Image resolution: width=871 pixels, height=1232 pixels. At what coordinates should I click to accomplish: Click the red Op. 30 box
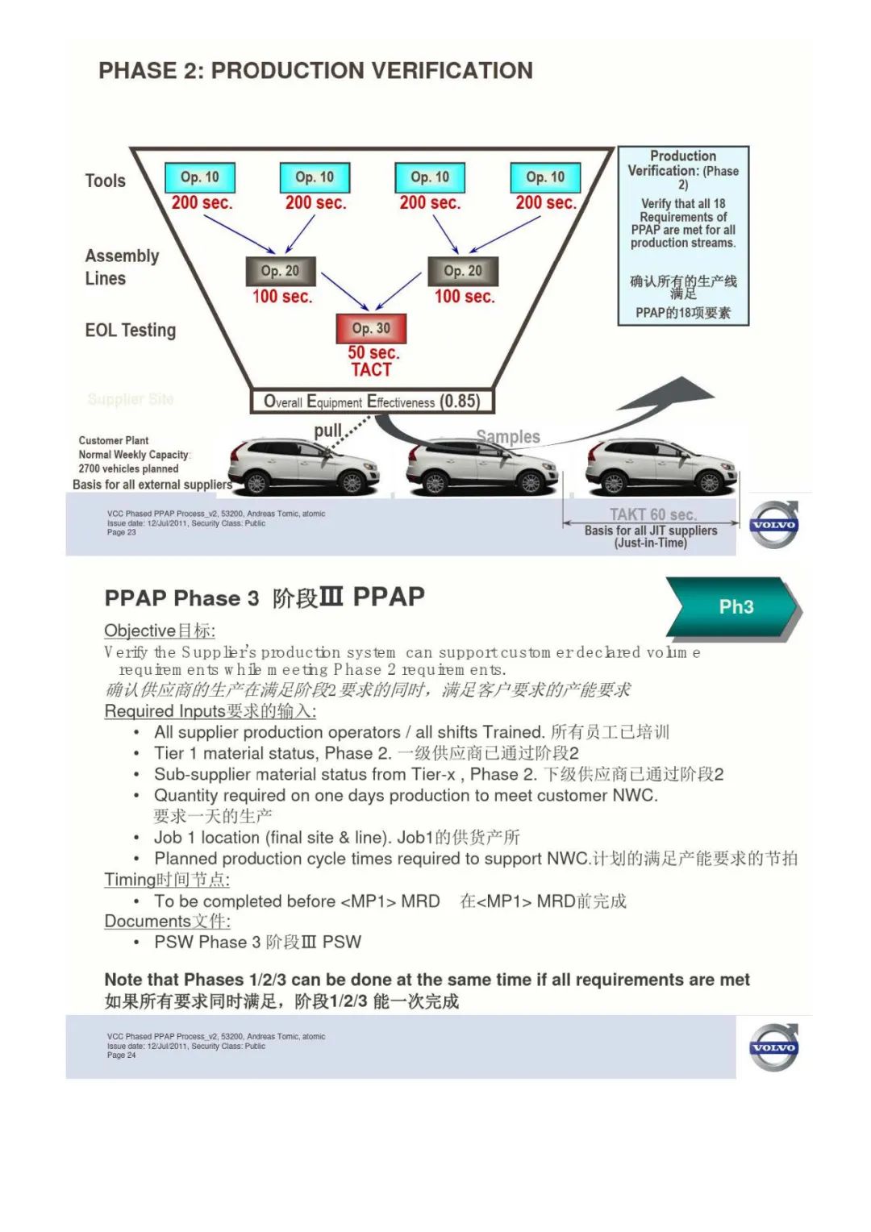pos(371,328)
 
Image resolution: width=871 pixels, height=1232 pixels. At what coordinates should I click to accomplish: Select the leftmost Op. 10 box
pos(200,177)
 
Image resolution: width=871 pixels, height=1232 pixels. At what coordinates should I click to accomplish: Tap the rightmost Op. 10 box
pos(545,177)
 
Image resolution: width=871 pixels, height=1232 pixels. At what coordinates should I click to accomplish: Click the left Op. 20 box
pos(280,271)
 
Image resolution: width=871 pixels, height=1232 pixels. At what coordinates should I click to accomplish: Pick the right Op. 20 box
pos(463,271)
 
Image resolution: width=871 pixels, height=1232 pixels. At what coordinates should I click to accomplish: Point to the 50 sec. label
pos(373,353)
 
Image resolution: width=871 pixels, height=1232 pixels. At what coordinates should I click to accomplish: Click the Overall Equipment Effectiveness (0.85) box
pos(372,402)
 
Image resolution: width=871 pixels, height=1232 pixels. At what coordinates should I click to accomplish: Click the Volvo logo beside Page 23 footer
pos(774,525)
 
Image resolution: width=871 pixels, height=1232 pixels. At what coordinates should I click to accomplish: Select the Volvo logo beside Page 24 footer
pos(774,1047)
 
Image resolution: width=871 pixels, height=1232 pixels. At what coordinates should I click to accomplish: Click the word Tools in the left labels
pos(106,181)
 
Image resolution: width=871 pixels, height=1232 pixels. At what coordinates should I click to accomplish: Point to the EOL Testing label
pos(130,331)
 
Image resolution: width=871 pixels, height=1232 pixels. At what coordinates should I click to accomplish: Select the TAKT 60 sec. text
pos(652,514)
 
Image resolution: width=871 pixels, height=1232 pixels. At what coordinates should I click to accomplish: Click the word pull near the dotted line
pos(327,431)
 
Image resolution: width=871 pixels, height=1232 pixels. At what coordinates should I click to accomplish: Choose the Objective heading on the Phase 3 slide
pos(159,631)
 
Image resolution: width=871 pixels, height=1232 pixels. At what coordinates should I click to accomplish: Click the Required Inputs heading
pos(210,711)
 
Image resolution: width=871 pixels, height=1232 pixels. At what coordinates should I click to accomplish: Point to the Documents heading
pos(167,921)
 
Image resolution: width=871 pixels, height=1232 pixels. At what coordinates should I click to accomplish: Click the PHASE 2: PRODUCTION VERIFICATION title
pos(315,71)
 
